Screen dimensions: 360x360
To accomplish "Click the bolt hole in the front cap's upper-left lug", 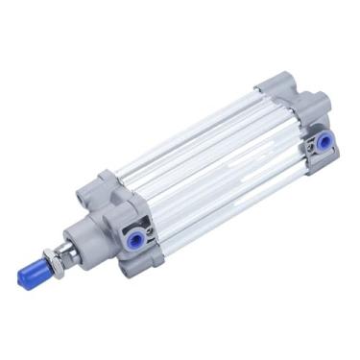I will click(103, 181).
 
